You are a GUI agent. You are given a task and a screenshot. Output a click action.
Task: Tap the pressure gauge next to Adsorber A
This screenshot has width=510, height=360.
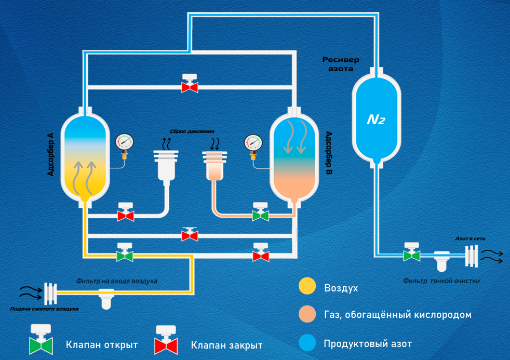pyautogui.click(x=125, y=142)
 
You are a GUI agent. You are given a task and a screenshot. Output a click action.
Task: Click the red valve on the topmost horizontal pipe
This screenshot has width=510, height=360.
pyautogui.click(x=190, y=85)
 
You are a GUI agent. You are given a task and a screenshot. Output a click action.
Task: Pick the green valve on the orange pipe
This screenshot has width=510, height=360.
pyautogui.click(x=260, y=213)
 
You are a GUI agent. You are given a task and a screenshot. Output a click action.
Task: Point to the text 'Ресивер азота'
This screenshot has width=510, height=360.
pyautogui.click(x=341, y=64)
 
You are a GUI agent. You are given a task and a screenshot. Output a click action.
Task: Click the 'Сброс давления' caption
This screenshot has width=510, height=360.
pyautogui.click(x=192, y=131)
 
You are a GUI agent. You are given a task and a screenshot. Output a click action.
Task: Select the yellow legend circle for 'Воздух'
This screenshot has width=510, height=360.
pyautogui.click(x=307, y=287)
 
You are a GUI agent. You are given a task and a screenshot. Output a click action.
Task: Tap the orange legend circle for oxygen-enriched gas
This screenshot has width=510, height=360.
pyautogui.click(x=307, y=315)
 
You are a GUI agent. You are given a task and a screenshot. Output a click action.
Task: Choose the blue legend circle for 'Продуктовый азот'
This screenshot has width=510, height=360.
pyautogui.click(x=307, y=343)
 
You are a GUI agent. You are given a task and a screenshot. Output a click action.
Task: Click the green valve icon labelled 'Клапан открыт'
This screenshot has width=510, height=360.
pyautogui.click(x=41, y=340)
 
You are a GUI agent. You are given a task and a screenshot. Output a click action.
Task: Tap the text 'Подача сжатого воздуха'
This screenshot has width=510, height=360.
pyautogui.click(x=44, y=309)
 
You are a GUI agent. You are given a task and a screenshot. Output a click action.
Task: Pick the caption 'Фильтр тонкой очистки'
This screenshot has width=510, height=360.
pyautogui.click(x=441, y=281)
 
